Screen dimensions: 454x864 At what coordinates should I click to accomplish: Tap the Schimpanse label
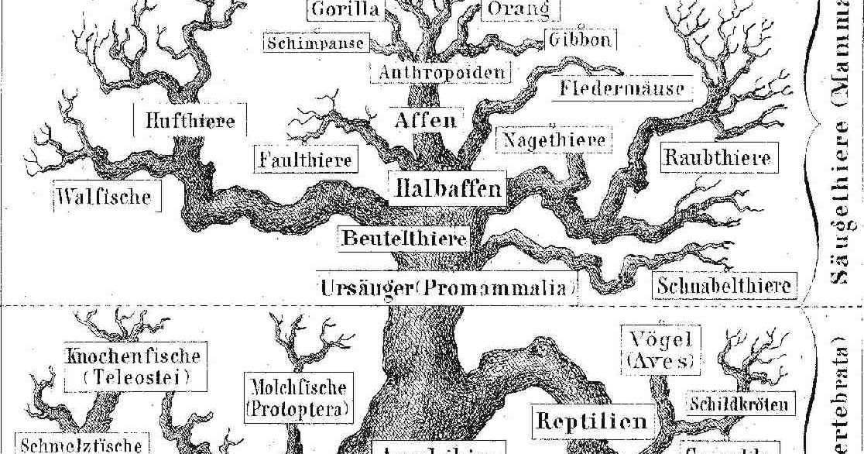click(315, 42)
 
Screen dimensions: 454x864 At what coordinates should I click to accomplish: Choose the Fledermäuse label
click(623, 89)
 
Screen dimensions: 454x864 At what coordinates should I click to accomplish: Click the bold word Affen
click(427, 121)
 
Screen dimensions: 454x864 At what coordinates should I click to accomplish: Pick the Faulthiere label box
click(305, 160)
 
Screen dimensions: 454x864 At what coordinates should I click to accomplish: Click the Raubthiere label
click(718, 158)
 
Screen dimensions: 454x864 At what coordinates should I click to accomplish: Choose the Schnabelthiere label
click(725, 284)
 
